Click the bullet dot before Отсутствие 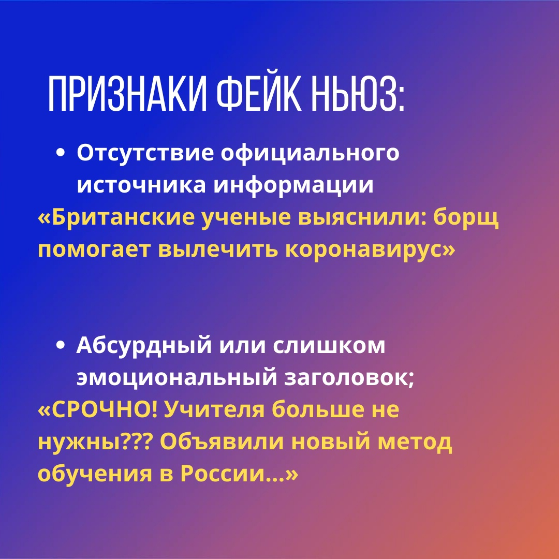[x=62, y=154]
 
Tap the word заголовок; [x=350, y=379]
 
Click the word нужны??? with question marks [x=93, y=443]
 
